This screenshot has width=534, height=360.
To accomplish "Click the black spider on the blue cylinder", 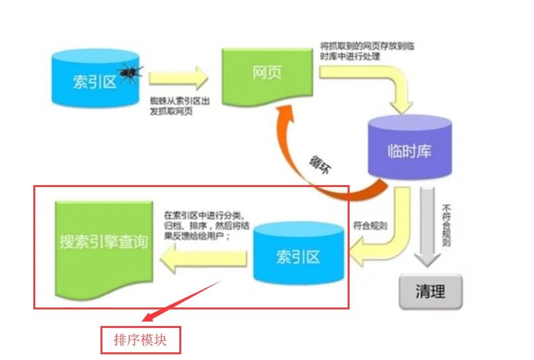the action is tap(130, 73).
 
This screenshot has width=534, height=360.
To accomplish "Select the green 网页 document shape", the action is tap(268, 76).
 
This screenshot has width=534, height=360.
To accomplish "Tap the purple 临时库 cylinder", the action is tap(410, 147).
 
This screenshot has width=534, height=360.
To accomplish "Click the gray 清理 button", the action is tap(430, 291).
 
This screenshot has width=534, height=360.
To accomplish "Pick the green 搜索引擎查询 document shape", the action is tap(104, 250).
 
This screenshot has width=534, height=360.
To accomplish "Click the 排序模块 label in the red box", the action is tap(140, 340).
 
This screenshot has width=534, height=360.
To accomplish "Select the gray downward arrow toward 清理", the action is tap(428, 227).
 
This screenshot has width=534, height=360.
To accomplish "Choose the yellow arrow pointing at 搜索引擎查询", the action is tap(204, 259).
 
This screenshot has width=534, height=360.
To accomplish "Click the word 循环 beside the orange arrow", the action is tap(320, 165).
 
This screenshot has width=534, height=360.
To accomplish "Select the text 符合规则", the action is tap(370, 225).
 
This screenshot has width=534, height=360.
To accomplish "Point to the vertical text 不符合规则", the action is tap(446, 225).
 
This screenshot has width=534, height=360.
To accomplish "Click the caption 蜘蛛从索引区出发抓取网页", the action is tap(180, 106).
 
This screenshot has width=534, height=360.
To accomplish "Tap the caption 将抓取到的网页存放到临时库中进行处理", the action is tap(367, 51).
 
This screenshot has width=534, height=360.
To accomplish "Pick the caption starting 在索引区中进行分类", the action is tap(207, 225).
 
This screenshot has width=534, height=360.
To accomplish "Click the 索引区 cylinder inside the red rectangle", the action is tap(298, 254).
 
